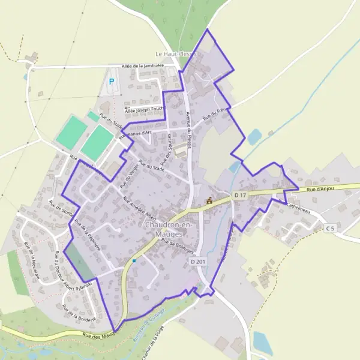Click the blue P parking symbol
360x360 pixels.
[x=111, y=82]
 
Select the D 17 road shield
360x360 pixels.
[x=241, y=196]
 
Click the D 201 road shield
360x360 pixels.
[x=198, y=262]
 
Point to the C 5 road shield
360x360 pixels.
[x=331, y=229]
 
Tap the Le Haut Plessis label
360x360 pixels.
[x=176, y=53]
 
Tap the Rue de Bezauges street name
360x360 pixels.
[x=178, y=245]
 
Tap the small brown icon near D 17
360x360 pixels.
[x=209, y=201]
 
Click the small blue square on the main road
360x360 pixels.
[x=134, y=261]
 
